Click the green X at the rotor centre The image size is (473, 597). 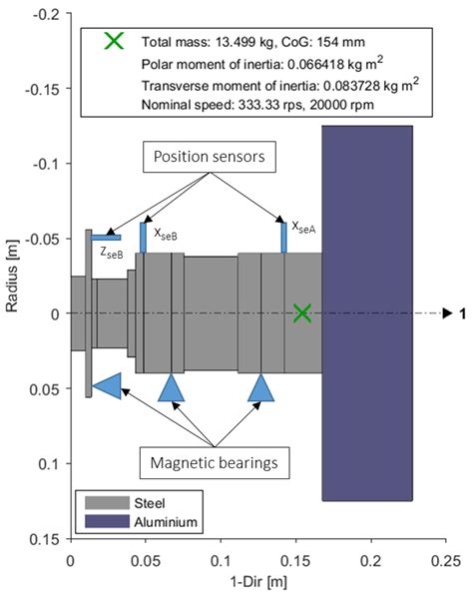(302, 313)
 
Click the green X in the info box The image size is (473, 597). (116, 41)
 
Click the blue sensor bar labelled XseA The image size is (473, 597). (283, 238)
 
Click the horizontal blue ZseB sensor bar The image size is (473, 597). (105, 238)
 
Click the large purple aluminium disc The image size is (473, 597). (366, 313)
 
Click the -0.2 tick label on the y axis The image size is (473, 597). (46, 13)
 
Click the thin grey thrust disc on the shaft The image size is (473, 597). (89, 313)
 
